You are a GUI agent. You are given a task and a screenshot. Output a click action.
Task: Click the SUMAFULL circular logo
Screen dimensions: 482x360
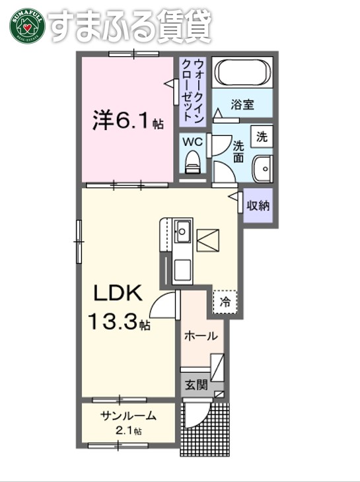point(25,26)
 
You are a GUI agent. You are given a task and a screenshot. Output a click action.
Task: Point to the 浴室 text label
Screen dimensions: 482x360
point(242,104)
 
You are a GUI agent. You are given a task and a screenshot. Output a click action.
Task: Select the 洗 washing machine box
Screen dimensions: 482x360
point(263,137)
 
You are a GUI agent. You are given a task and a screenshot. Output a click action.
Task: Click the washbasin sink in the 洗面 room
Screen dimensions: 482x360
point(264,168)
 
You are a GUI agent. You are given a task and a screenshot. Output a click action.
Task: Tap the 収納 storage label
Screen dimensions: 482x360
point(258,205)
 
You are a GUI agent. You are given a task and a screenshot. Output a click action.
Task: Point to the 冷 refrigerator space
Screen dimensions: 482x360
point(225,302)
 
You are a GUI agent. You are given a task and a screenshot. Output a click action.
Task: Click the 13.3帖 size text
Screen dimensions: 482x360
point(120,323)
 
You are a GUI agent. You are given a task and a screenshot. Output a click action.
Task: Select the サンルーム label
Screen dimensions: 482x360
point(129,416)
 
